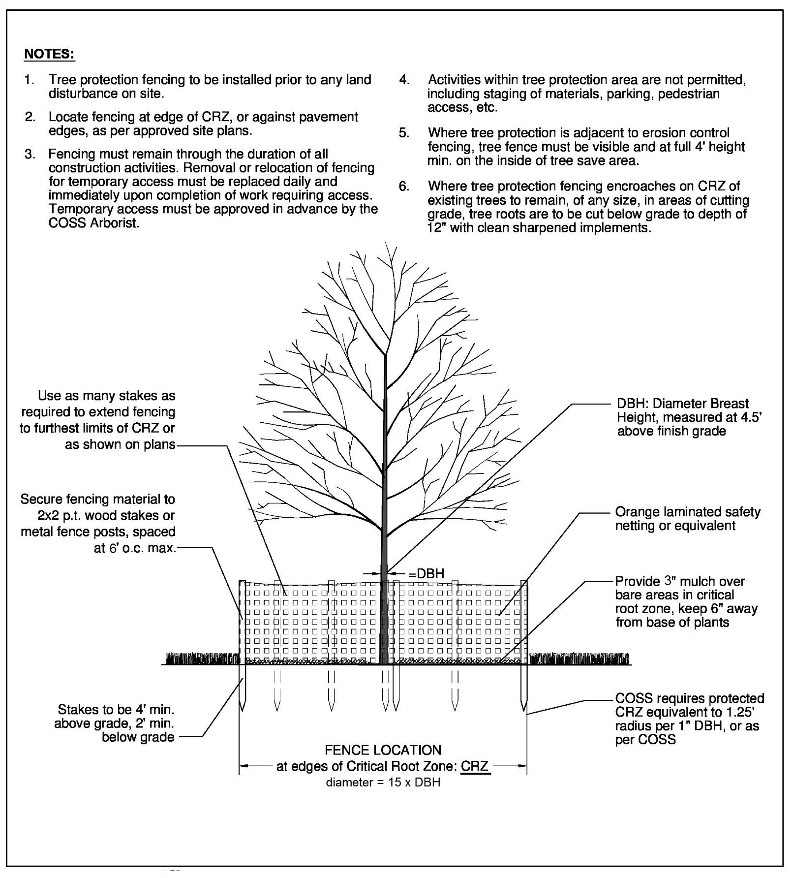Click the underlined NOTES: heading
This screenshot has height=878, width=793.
[x=49, y=54]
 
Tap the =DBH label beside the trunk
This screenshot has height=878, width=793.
[x=426, y=573]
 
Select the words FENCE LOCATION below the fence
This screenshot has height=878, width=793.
[x=383, y=750]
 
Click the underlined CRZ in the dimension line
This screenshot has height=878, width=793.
[x=475, y=766]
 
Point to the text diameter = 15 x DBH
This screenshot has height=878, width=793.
[x=383, y=782]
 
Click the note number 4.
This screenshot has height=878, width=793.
[x=404, y=80]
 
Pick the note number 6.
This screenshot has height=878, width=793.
[x=404, y=187]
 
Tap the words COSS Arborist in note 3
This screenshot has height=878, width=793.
[x=94, y=222]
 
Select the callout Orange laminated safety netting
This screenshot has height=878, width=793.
[x=687, y=519]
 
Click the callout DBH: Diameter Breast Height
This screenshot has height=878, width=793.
[x=689, y=417]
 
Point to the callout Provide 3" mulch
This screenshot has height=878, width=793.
[x=686, y=601]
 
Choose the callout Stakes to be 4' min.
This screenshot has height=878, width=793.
[x=116, y=723]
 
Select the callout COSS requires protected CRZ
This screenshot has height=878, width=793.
[x=689, y=719]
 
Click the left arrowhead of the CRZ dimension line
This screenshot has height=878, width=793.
[x=243, y=766]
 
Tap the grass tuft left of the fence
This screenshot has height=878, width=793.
[x=202, y=658]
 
